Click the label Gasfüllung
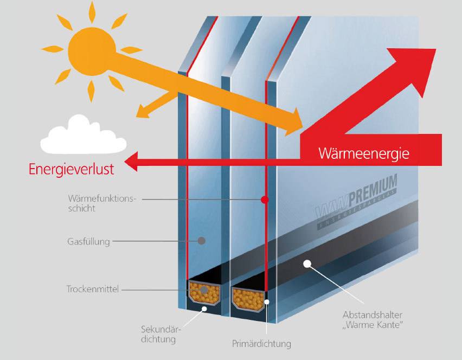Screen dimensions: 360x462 [x=89, y=242]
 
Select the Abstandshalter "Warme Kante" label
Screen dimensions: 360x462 [x=374, y=319]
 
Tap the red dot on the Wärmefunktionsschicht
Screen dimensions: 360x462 [x=264, y=200]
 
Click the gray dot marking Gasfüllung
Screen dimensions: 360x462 [x=201, y=241]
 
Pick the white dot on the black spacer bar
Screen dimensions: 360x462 [x=307, y=264]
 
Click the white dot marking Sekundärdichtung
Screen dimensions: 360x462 [x=204, y=309]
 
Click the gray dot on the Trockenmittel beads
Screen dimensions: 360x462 [x=203, y=291]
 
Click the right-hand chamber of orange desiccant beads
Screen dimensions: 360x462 [x=248, y=298]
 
